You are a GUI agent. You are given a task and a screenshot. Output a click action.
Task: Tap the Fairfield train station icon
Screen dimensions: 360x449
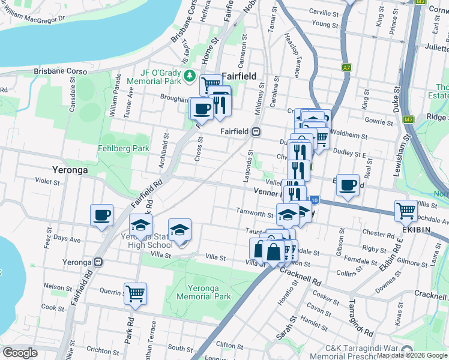(256, 131)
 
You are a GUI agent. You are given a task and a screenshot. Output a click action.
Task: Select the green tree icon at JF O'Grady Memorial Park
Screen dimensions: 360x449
(190, 75)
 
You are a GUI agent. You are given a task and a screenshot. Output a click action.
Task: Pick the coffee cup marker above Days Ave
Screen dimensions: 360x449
(101, 215)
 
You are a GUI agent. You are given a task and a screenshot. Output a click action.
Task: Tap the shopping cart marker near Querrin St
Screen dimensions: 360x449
(135, 293)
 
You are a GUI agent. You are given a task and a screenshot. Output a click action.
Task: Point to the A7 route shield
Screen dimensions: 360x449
(346, 68)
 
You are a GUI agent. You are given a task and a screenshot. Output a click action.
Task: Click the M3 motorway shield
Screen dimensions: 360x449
(409, 119)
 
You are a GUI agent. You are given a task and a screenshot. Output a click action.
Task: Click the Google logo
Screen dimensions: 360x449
(20, 353)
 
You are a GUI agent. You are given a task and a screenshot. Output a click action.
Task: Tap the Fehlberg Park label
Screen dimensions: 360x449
(124, 148)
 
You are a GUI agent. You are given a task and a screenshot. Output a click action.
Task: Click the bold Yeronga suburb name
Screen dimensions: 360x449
(70, 170)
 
